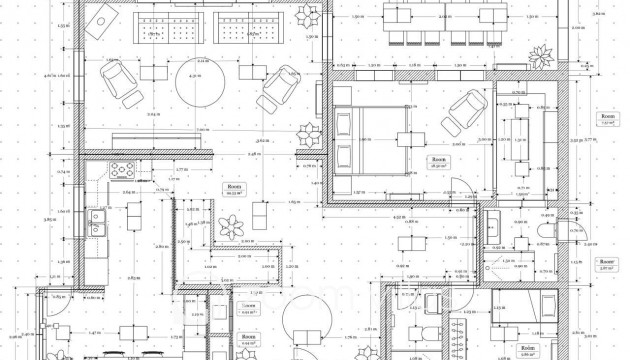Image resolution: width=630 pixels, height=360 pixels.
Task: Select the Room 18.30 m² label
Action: pyautogui.click(x=439, y=164)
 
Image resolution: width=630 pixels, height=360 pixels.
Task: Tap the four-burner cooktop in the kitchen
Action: pyautogui.click(x=120, y=171)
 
